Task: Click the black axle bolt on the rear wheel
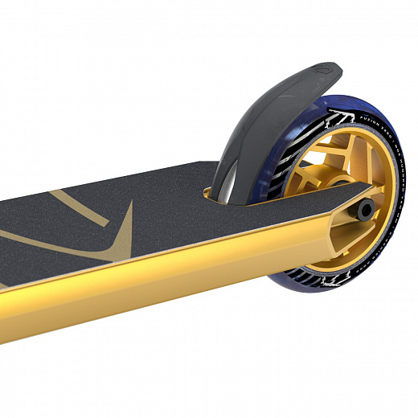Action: click(367, 211)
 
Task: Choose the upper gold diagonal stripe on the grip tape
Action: click(48, 201)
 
